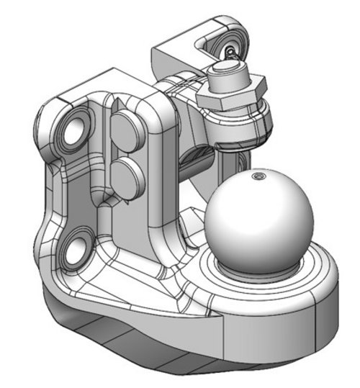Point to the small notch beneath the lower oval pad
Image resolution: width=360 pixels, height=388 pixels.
[108, 202]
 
